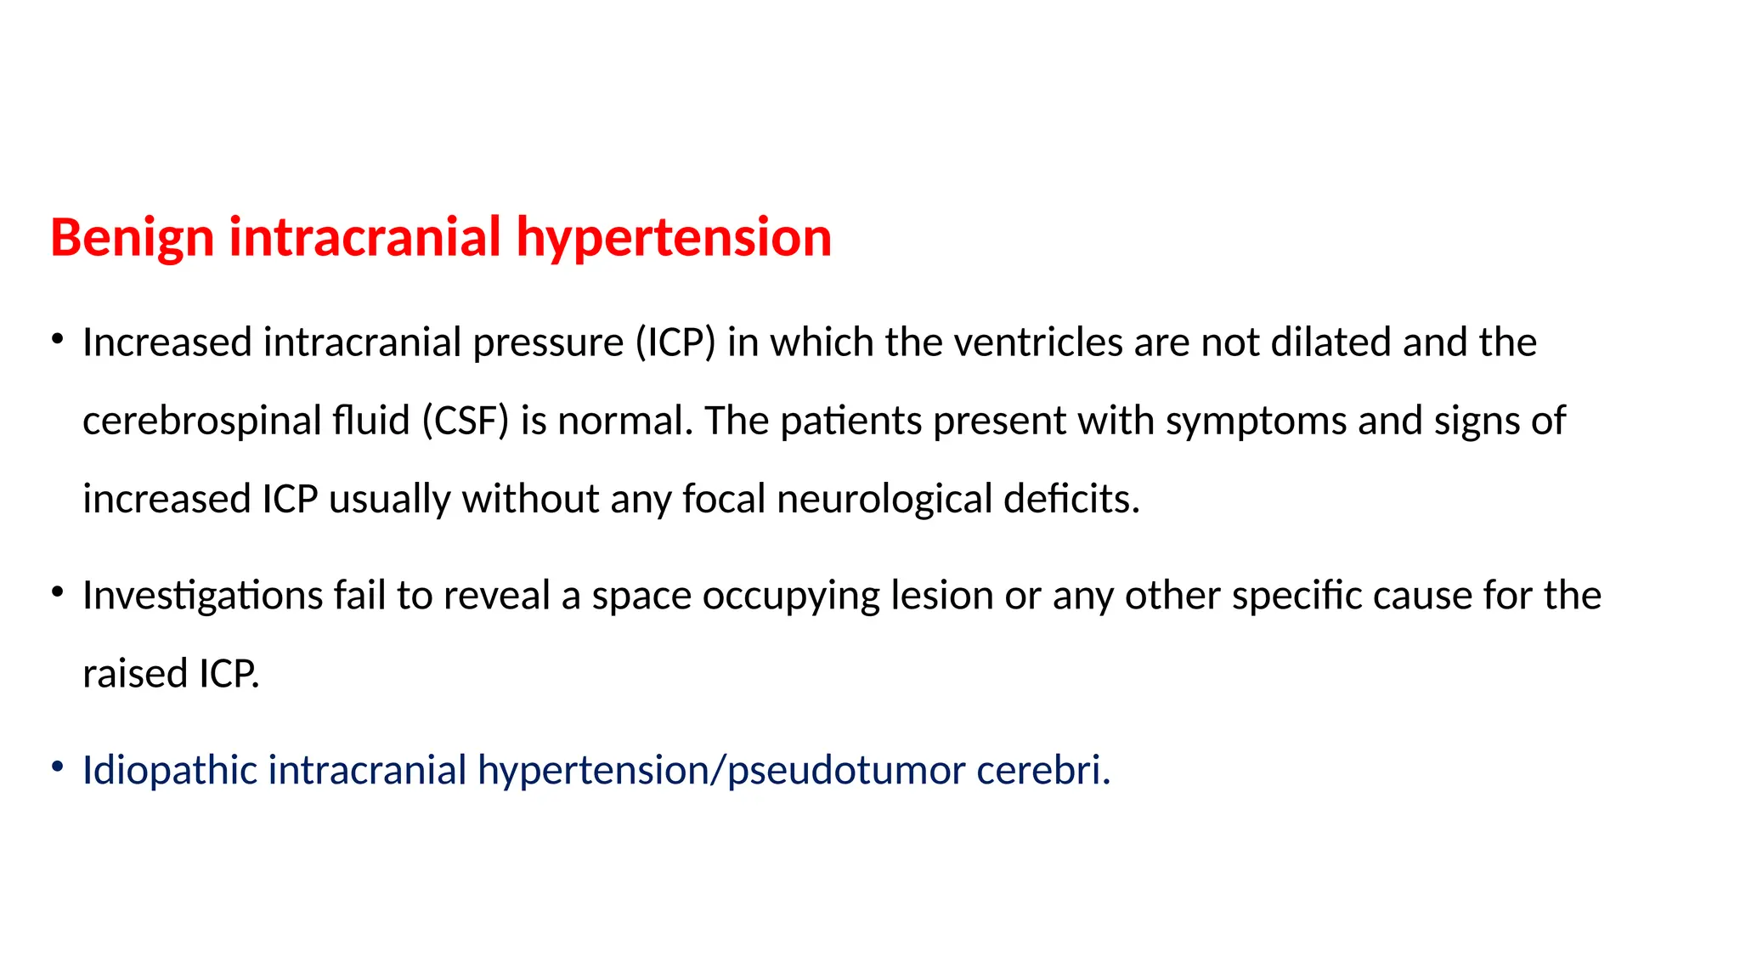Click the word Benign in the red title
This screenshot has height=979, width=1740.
pos(132,237)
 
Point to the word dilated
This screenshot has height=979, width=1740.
pos(1331,342)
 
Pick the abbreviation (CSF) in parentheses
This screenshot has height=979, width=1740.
pos(466,421)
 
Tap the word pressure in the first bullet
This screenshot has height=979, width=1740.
pos(548,342)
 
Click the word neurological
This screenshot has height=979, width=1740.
pos(884,499)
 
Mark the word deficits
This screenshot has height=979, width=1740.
pos(1071,499)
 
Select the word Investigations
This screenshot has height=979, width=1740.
pos(202,596)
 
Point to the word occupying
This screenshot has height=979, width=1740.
pos(791,596)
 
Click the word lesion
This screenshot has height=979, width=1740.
pos(941,596)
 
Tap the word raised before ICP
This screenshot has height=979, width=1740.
pos(135,674)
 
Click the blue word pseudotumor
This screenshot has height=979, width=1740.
pos(846,770)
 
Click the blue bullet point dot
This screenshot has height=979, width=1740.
pos(57,767)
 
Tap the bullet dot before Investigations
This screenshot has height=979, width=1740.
pos(57,592)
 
